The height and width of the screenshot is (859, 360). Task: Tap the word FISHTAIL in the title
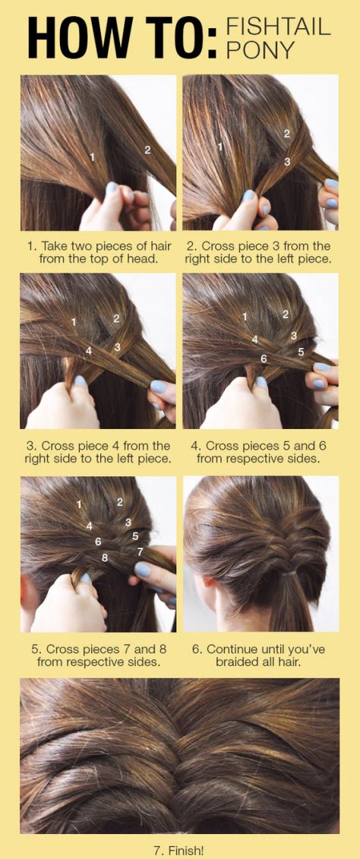tap(278, 27)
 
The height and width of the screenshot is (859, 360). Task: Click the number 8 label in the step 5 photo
tap(105, 557)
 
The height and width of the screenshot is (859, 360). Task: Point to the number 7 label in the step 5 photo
tap(140, 552)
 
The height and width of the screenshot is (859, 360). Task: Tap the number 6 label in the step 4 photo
tap(264, 358)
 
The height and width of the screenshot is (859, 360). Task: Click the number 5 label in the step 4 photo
tap(301, 352)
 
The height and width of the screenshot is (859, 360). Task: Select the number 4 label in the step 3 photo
tap(89, 351)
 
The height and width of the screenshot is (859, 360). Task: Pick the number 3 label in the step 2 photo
tap(287, 162)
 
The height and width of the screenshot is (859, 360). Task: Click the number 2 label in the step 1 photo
tap(147, 150)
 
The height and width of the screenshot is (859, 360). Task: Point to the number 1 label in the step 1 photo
tap(92, 157)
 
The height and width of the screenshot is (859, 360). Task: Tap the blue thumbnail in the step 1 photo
tap(112, 188)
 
